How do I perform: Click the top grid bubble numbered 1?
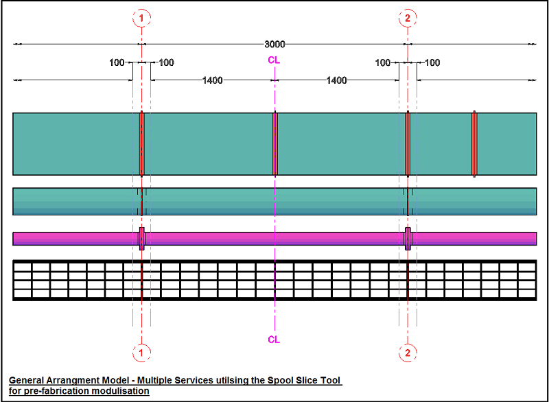[x=141, y=19]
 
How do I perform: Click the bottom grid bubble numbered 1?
[x=141, y=353]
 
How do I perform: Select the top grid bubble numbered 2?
[x=408, y=19]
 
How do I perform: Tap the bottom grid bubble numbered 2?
[x=408, y=353]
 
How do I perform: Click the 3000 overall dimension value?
[x=274, y=45]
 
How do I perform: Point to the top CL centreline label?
[x=274, y=60]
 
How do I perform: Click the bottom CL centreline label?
[x=274, y=340]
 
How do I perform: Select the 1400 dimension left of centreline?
[x=212, y=80]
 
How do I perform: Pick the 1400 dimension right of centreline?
[x=336, y=80]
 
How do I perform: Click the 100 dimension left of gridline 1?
[x=117, y=63]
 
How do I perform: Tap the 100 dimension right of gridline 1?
[x=167, y=63]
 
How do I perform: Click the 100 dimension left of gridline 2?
[x=383, y=63]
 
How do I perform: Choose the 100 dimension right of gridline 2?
[x=432, y=63]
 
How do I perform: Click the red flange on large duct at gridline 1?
[x=142, y=144]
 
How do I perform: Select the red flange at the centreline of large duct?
[x=274, y=144]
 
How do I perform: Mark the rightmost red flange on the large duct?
[x=474, y=144]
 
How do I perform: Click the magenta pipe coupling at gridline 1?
[x=142, y=238]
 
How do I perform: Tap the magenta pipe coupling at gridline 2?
[x=408, y=238]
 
